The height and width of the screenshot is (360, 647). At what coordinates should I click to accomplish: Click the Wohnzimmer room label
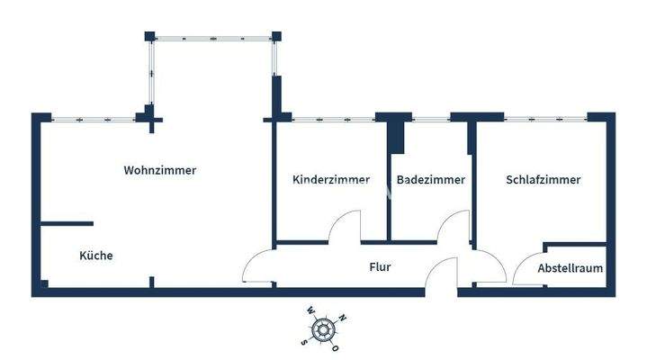(x=159, y=170)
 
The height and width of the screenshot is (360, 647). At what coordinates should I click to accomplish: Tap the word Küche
(x=96, y=256)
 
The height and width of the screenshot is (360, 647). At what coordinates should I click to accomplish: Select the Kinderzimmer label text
(x=331, y=180)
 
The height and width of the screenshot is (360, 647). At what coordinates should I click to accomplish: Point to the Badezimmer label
(x=430, y=180)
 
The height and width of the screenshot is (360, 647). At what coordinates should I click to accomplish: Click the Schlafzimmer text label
(x=544, y=180)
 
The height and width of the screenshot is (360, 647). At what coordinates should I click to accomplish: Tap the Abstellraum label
(x=570, y=268)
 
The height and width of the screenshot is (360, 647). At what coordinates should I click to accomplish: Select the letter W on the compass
(x=311, y=310)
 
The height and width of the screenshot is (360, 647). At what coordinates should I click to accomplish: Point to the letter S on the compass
(x=305, y=341)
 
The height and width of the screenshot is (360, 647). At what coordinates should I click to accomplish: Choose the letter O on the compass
(x=337, y=347)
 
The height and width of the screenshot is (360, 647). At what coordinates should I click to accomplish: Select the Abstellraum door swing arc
(x=526, y=268)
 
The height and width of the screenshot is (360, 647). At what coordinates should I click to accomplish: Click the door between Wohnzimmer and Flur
(x=257, y=267)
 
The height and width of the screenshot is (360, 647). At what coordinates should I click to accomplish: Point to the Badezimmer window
(x=431, y=118)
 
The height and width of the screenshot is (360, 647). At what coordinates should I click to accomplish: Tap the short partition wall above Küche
(x=68, y=223)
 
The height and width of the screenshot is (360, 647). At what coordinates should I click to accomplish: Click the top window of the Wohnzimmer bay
(x=211, y=37)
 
